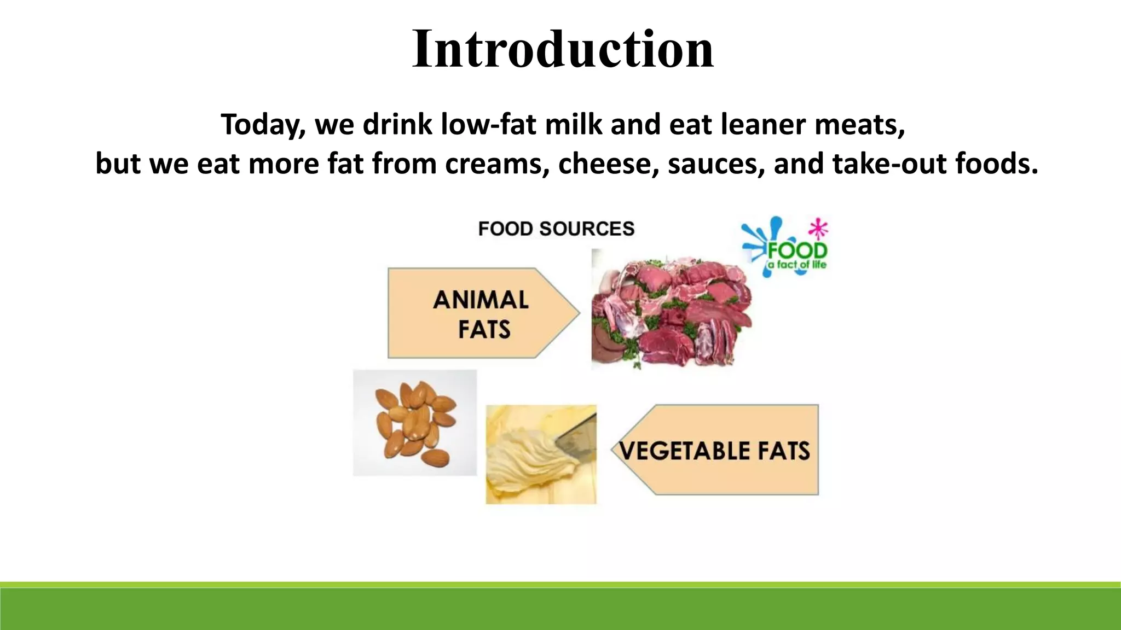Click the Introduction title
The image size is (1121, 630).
pos(563,49)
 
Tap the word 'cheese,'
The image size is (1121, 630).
pos(608,164)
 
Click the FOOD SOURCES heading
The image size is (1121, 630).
pos(556,229)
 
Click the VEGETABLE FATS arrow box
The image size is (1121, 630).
pos(716,451)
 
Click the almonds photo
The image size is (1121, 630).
pos(415,422)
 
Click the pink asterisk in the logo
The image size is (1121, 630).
pos(818,229)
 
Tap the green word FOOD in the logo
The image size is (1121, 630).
pos(797,251)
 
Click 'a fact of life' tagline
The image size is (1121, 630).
pos(796,265)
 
